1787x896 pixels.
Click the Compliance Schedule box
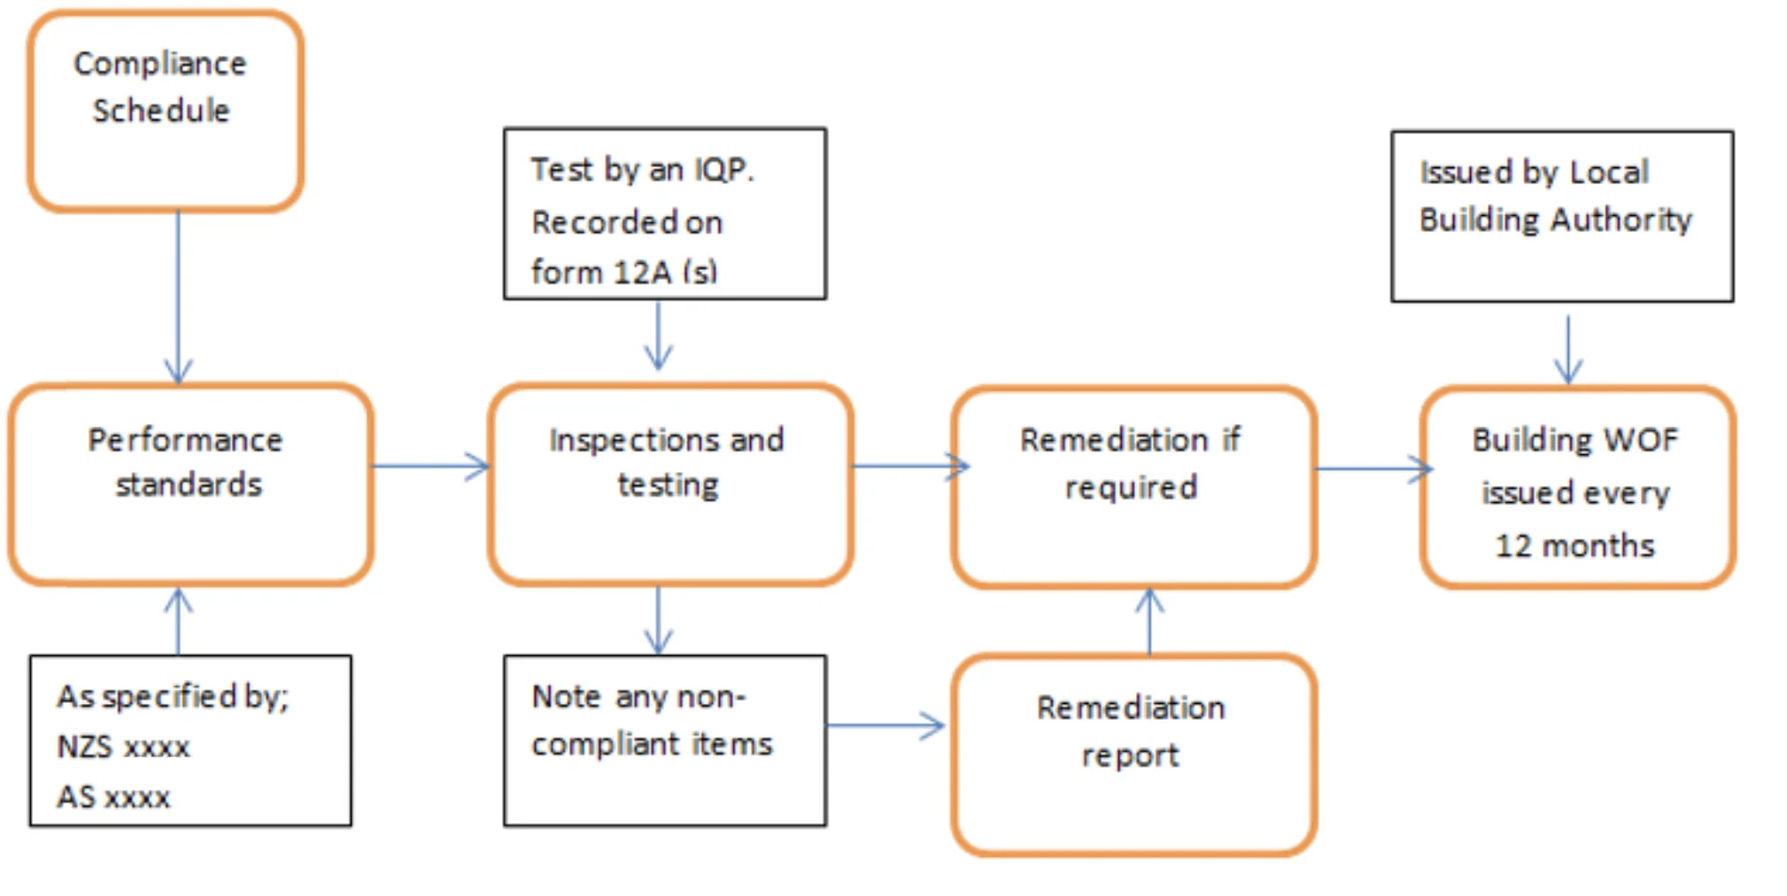click(x=166, y=111)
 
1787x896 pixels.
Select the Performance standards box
click(x=190, y=484)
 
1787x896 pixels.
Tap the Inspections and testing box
click(x=670, y=484)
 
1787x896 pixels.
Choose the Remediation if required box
click(x=1133, y=487)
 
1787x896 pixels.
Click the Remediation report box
click(x=1133, y=755)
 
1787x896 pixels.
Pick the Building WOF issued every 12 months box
click(x=1577, y=487)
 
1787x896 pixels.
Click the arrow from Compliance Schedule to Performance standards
click(x=178, y=297)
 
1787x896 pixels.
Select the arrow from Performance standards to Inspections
click(x=430, y=466)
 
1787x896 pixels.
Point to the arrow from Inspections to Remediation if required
click(x=911, y=466)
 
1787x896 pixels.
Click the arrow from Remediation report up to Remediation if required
click(x=1149, y=622)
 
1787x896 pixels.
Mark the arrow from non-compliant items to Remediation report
click(x=886, y=726)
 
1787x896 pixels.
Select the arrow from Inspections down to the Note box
click(x=658, y=620)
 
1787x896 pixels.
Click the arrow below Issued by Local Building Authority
click(x=1568, y=350)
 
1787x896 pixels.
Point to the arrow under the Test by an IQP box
click(x=658, y=336)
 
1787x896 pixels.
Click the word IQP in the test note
click(x=724, y=169)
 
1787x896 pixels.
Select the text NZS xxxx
click(x=123, y=746)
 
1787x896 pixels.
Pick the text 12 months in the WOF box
click(x=1575, y=545)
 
